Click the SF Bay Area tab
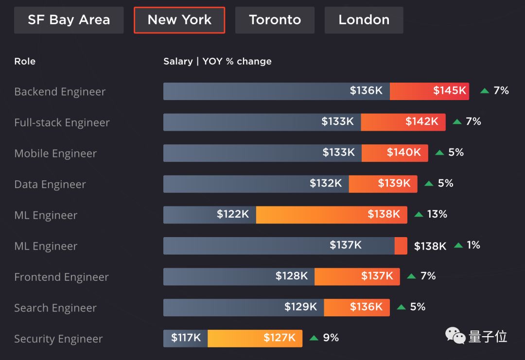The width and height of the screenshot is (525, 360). (x=69, y=20)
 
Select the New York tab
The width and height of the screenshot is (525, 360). (x=179, y=20)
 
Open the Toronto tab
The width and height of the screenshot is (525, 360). (x=275, y=20)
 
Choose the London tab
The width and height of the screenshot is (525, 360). (x=364, y=20)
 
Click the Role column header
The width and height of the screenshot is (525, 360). (x=25, y=61)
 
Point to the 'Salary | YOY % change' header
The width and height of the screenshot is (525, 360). (x=217, y=61)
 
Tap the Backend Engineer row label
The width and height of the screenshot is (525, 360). (x=60, y=92)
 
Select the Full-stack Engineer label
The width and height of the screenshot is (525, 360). (x=62, y=122)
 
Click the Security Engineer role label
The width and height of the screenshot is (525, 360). (x=58, y=339)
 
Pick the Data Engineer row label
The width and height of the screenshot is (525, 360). (x=50, y=184)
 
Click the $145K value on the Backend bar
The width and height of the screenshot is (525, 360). (x=450, y=90)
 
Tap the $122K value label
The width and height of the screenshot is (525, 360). (x=233, y=214)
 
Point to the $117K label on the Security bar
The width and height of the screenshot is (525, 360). (x=186, y=338)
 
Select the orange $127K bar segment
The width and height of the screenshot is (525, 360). (x=255, y=338)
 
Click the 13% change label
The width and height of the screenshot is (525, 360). (x=437, y=214)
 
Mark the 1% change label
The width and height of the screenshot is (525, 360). (x=473, y=245)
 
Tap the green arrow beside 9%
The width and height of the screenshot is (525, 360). (x=314, y=338)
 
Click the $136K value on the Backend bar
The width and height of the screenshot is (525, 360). (x=366, y=90)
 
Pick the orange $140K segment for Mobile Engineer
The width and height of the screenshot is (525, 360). (x=395, y=153)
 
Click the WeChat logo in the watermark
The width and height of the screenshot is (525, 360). (x=455, y=336)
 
